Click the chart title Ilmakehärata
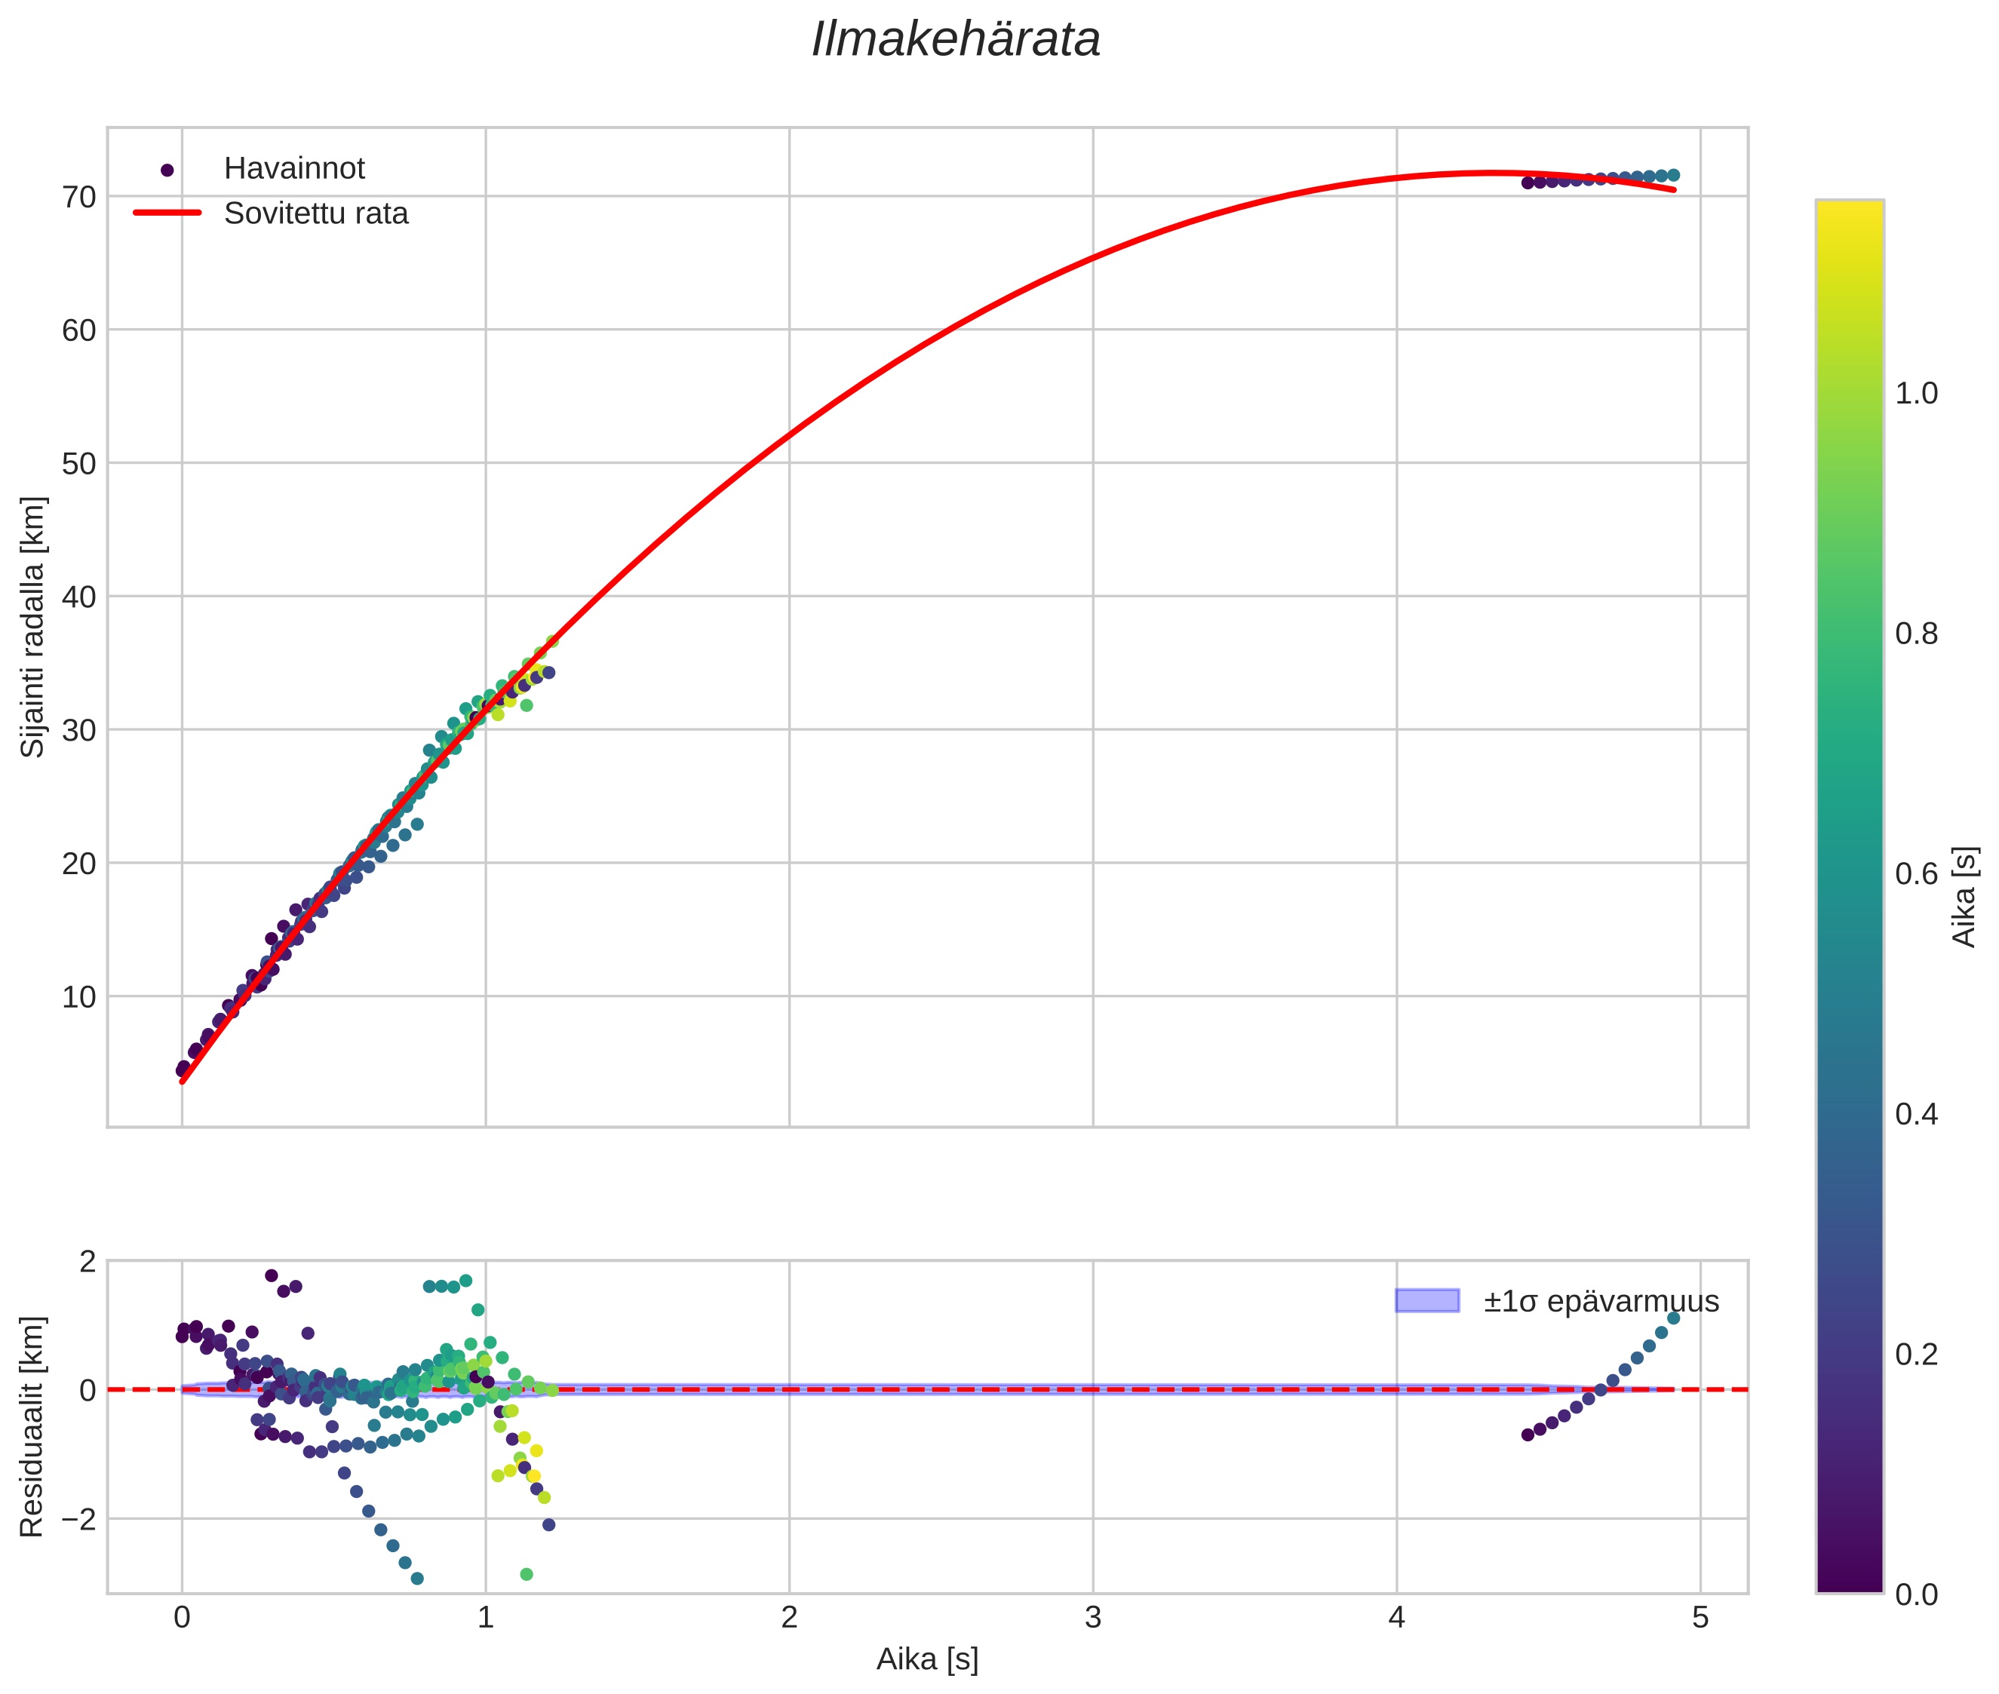click(x=955, y=40)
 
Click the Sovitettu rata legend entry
click(x=315, y=213)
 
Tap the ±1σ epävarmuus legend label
click(x=1601, y=1301)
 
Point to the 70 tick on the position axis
click(x=80, y=197)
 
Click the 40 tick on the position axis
click(x=80, y=597)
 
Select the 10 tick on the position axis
click(x=80, y=997)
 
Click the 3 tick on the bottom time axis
click(x=1092, y=1618)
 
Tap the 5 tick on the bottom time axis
click(x=1700, y=1618)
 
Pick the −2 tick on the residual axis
click(x=73, y=1519)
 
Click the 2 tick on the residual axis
click(x=88, y=1261)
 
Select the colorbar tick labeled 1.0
click(x=1915, y=394)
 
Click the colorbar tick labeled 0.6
click(x=1915, y=874)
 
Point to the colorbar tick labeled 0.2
click(x=1915, y=1354)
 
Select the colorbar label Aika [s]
click(x=1964, y=896)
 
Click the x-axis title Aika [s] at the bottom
click(x=927, y=1659)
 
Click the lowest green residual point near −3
click(x=527, y=1574)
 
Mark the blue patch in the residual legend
click(x=1426, y=1300)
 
